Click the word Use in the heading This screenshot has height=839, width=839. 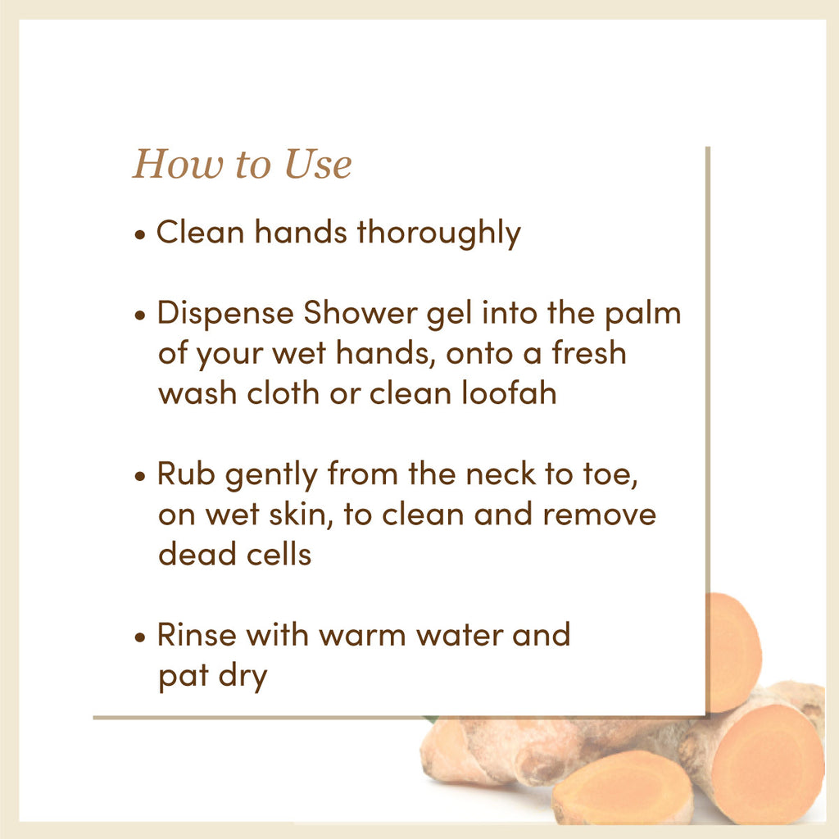coord(318,164)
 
